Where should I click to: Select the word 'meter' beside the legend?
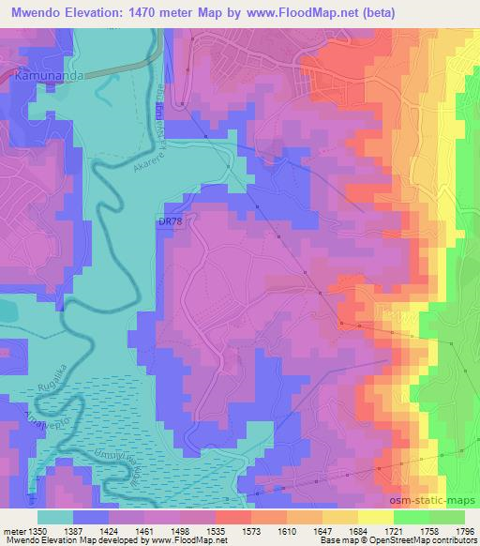pyautogui.click(x=13, y=530)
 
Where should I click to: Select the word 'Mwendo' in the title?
pyautogui.click(x=34, y=12)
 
